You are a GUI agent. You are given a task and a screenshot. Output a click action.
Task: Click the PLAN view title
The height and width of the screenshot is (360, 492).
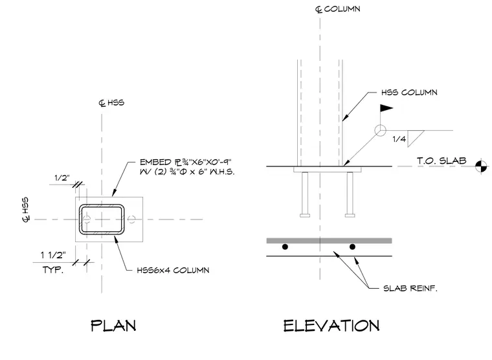[x=113, y=326]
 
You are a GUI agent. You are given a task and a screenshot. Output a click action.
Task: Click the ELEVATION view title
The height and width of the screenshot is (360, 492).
[x=331, y=326]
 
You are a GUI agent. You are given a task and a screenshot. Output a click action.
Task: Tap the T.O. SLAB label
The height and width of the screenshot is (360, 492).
[x=442, y=161]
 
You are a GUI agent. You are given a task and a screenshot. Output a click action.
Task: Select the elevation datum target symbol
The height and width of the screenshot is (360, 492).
[x=482, y=166]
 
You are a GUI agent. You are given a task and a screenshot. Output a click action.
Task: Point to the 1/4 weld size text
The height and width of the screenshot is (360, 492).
[x=399, y=139]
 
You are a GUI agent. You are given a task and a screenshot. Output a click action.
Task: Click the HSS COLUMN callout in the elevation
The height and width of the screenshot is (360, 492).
[x=409, y=93]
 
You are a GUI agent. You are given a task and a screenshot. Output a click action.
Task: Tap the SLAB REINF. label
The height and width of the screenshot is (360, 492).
[x=410, y=288]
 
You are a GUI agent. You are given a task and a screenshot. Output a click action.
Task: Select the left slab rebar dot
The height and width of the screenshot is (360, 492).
[x=285, y=247]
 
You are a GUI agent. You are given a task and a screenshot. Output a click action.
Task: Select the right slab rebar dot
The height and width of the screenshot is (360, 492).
[x=352, y=247]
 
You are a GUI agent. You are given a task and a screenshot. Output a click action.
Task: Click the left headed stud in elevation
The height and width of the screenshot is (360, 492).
[x=305, y=195]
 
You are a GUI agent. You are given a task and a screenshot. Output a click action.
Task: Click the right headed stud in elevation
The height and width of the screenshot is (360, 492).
[x=350, y=195]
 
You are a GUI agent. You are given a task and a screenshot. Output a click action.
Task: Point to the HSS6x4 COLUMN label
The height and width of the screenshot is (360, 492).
[x=173, y=270]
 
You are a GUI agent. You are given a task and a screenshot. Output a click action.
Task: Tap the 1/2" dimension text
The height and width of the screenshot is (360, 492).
[x=62, y=178]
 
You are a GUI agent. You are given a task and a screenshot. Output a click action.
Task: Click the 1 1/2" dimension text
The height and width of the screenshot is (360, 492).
[x=53, y=255]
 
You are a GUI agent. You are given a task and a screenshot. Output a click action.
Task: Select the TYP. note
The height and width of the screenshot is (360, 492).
[x=53, y=269]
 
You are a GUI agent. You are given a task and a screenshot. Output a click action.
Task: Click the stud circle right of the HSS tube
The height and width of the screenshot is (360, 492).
[x=131, y=219]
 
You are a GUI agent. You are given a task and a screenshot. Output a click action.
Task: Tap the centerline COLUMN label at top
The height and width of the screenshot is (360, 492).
[x=338, y=9]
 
